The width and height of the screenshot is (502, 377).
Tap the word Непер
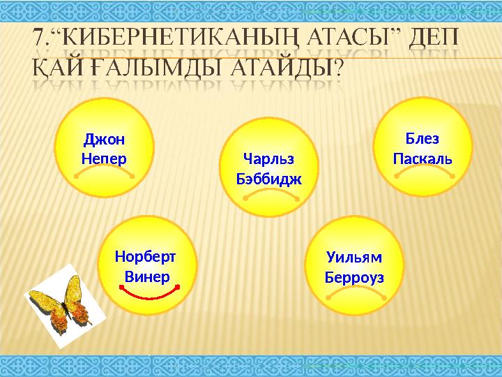coord(104,158)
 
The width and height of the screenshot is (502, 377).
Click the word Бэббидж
coord(270,179)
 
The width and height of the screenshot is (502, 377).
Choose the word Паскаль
coord(423,158)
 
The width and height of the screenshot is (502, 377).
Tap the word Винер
coord(147,276)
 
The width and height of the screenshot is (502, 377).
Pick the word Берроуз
coord(354,277)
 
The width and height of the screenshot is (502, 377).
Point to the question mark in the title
coord(338,68)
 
